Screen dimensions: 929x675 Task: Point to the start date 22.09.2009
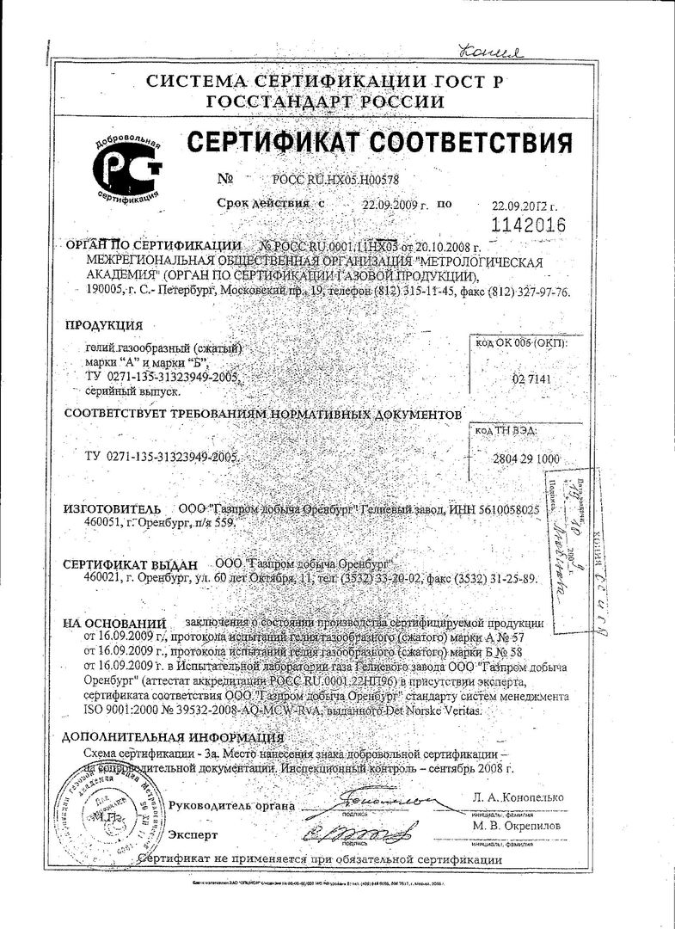pos(390,206)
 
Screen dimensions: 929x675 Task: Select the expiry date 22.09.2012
pos(525,207)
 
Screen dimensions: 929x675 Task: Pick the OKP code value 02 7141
pos(531,378)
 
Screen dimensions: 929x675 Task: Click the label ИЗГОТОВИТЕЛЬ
pos(113,509)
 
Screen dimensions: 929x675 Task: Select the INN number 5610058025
pos(500,510)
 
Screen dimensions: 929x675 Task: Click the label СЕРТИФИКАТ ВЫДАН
pos(132,564)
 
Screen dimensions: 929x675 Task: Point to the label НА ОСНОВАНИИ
pos(114,622)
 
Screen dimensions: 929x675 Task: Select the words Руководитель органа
pos(231,806)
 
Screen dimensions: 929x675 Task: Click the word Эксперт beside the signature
pos(193,834)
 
